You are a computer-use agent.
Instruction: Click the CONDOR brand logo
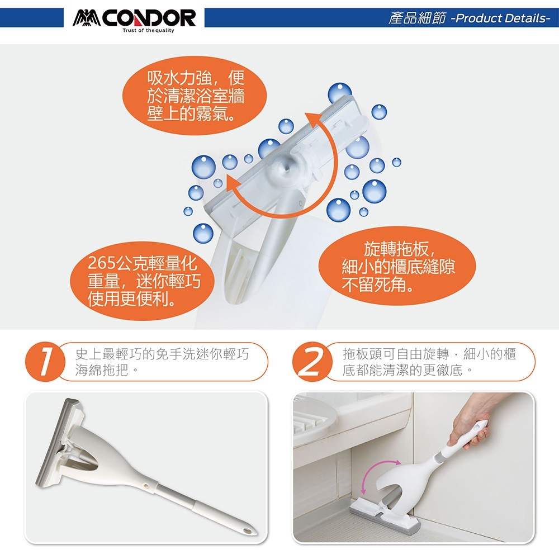134,18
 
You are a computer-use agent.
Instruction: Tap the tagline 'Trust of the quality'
148,31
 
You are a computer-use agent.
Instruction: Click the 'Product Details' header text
500,18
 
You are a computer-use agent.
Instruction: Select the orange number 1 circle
44,362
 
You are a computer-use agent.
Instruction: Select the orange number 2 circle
311,362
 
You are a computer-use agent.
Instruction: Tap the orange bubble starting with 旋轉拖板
397,266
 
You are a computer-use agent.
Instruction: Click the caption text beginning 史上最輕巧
162,362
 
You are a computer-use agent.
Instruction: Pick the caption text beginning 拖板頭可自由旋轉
429,362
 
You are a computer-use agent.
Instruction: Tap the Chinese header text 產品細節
417,18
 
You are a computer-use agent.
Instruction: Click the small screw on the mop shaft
146,486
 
